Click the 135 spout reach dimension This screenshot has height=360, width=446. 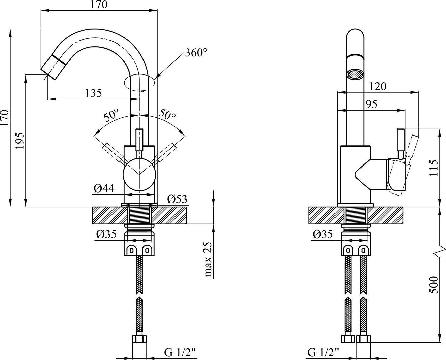click(x=93, y=93)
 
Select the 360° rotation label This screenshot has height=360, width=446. click(x=196, y=53)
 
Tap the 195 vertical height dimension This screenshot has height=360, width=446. click(x=20, y=141)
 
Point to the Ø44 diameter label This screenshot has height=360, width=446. click(x=104, y=188)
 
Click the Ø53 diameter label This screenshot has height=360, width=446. click(x=177, y=199)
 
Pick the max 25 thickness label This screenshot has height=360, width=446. click(x=208, y=260)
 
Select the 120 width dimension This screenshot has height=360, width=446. click(x=378, y=86)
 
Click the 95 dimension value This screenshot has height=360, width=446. click(x=371, y=104)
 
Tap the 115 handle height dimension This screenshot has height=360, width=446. click(x=434, y=168)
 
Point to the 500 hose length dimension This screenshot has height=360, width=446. click(x=434, y=285)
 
